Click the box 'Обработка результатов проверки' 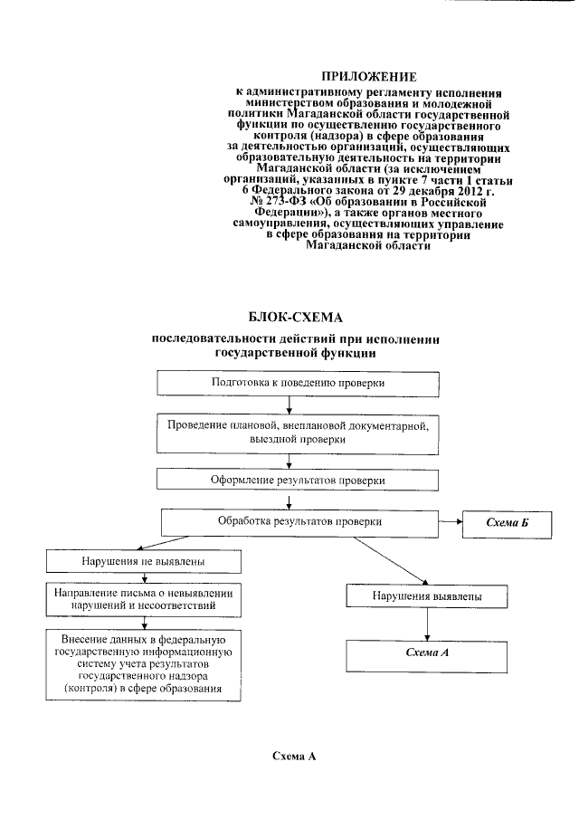(299, 522)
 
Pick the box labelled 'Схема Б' (507, 525)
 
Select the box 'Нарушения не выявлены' (145, 562)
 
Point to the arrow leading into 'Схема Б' (451, 522)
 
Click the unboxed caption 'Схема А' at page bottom (297, 755)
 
